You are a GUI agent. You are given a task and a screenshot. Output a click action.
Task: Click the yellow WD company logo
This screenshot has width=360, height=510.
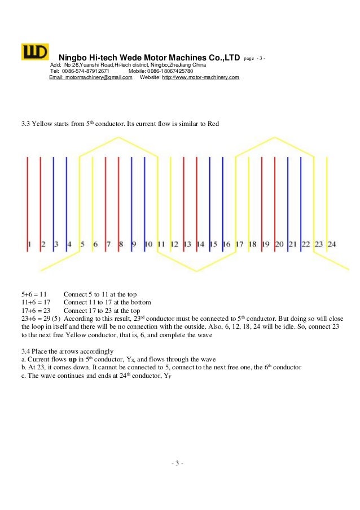(x=35, y=52)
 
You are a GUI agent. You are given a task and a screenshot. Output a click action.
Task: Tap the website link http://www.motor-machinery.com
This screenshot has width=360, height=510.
(x=200, y=78)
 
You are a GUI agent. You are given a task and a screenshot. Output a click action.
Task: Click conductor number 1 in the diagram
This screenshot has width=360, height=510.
(x=28, y=244)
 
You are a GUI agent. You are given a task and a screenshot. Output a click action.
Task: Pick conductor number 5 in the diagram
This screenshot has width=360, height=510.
(x=82, y=244)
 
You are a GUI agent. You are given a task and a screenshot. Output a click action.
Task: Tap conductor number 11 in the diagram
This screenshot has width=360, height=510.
(x=161, y=244)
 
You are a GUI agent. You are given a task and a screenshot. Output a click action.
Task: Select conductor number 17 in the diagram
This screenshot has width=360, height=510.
(x=239, y=244)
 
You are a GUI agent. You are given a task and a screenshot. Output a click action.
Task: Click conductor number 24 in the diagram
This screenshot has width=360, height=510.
(x=332, y=244)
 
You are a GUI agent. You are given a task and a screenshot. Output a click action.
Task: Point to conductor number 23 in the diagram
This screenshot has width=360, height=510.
(x=318, y=244)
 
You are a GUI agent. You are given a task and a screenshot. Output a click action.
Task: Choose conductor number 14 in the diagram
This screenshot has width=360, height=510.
(x=200, y=244)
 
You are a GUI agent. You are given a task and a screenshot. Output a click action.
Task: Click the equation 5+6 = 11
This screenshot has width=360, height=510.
(x=34, y=295)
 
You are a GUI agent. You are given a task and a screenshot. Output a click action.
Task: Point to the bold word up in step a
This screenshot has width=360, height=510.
(x=73, y=359)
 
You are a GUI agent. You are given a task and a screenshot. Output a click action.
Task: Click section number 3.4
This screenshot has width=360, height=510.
(x=26, y=351)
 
